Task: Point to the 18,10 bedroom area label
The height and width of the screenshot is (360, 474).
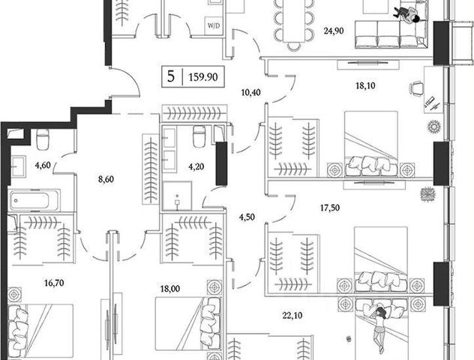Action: point(366,85)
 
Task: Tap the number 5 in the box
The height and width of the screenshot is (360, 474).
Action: point(171,76)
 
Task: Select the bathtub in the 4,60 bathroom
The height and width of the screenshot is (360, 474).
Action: point(38,200)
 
